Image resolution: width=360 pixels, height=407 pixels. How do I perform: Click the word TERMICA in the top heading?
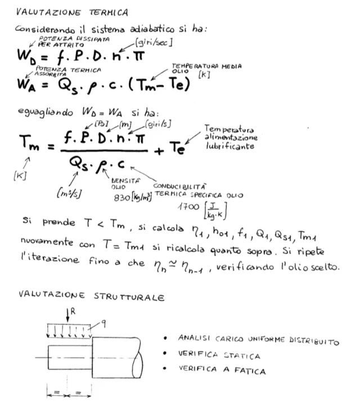[109, 12]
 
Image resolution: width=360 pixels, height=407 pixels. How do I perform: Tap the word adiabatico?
[152, 29]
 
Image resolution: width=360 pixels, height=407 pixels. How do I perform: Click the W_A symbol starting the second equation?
[26, 85]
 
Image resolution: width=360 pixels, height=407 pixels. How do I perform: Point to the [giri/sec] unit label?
[154, 42]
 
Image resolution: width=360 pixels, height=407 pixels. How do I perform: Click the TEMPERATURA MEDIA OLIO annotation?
[206, 69]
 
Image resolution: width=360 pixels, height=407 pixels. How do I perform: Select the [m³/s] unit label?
[69, 193]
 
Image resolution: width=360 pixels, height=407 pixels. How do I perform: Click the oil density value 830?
[122, 198]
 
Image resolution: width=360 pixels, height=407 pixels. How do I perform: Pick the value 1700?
[188, 207]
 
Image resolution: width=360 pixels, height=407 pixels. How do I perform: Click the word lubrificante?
[230, 146]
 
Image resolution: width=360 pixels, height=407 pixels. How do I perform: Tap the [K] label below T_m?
[20, 176]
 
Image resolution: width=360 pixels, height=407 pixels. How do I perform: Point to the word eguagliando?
[46, 112]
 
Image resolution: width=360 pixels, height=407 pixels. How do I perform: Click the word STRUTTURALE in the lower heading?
[129, 297]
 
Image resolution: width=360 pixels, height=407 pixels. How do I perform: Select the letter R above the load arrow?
[73, 311]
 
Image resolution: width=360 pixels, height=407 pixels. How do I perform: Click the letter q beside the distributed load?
[103, 324]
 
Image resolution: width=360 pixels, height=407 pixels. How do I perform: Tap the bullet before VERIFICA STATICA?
[165, 353]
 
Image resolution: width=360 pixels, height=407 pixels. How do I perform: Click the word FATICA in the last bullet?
[250, 370]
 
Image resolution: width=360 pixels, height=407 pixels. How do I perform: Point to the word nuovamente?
[47, 242]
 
